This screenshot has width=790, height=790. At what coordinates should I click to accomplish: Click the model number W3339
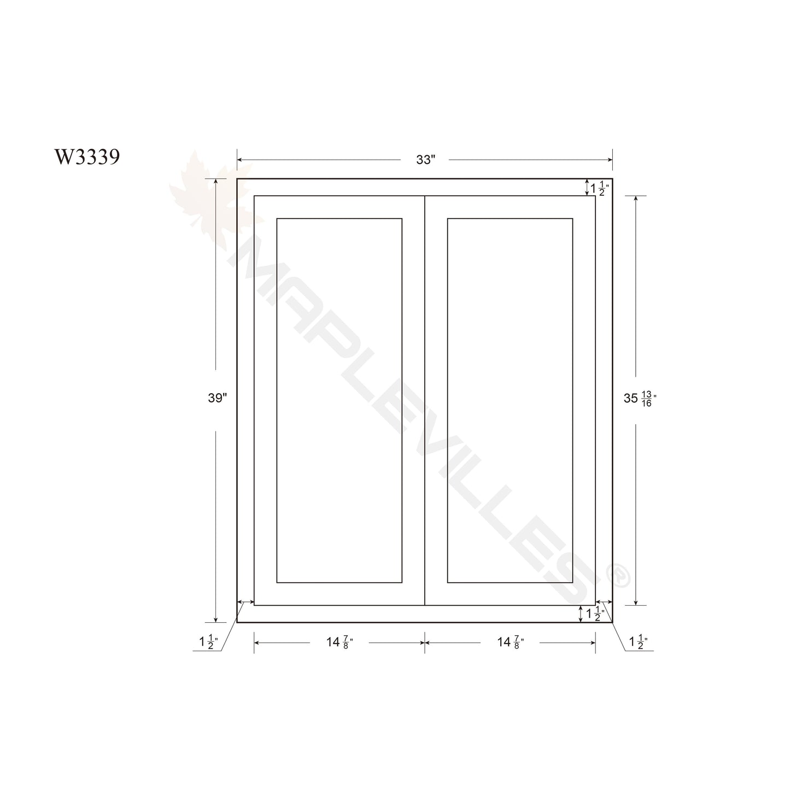click(x=87, y=156)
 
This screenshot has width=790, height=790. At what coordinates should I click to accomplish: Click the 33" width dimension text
click(x=425, y=160)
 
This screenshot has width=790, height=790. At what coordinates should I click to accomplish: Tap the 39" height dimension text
click(x=217, y=397)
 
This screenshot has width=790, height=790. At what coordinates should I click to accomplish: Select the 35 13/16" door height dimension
click(x=640, y=398)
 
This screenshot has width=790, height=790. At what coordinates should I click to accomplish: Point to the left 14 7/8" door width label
click(x=340, y=642)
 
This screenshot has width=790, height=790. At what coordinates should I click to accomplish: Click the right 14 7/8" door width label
click(x=511, y=642)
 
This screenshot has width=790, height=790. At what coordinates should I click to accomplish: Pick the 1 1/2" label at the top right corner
click(x=599, y=188)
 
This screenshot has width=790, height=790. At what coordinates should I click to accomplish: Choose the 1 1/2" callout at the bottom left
click(x=208, y=642)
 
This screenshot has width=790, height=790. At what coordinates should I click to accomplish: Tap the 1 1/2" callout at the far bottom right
click(x=639, y=642)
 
